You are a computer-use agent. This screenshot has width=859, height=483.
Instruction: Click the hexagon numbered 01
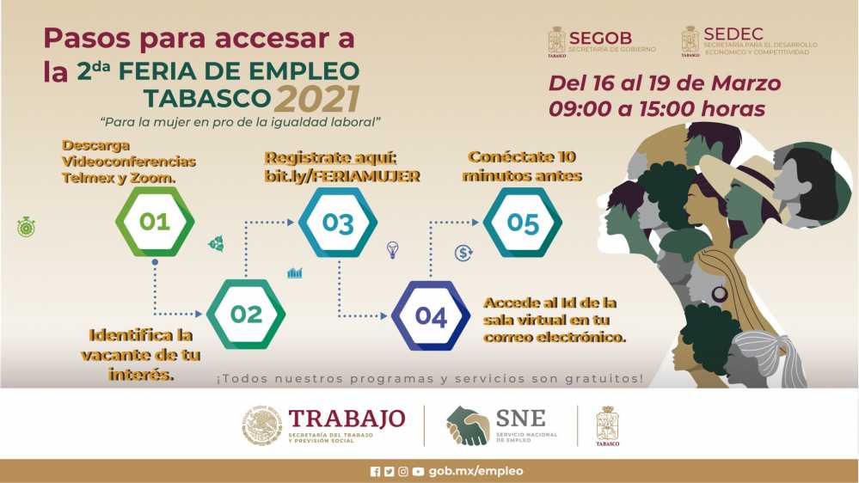point(155,221)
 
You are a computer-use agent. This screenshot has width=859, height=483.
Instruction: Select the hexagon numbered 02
point(246,315)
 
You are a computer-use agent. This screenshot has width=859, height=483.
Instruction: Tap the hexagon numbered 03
point(338,223)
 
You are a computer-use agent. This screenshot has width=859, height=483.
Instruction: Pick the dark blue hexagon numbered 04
point(431,316)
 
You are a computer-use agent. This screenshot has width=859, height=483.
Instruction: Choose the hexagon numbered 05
point(523,223)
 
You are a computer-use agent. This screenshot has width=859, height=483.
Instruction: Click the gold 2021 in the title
point(317,99)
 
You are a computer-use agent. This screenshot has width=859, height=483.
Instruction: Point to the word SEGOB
point(600,38)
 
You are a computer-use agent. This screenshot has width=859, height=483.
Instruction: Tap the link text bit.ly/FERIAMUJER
point(342,176)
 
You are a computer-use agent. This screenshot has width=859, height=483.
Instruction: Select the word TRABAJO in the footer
point(347,419)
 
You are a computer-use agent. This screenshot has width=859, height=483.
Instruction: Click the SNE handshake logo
point(468,425)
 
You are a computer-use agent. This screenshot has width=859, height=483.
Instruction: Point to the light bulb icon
point(392,250)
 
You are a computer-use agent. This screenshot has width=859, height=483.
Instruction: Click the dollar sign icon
point(463,253)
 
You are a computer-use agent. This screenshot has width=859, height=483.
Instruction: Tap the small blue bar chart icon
point(295,272)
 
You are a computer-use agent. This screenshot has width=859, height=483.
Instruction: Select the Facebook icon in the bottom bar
point(375,472)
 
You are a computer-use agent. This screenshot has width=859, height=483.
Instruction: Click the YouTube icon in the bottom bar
point(418,472)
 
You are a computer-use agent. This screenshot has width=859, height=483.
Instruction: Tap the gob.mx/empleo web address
point(476,471)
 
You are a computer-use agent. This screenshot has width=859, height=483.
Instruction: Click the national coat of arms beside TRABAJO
point(262,425)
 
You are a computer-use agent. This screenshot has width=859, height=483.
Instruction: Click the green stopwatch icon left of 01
point(27,227)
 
